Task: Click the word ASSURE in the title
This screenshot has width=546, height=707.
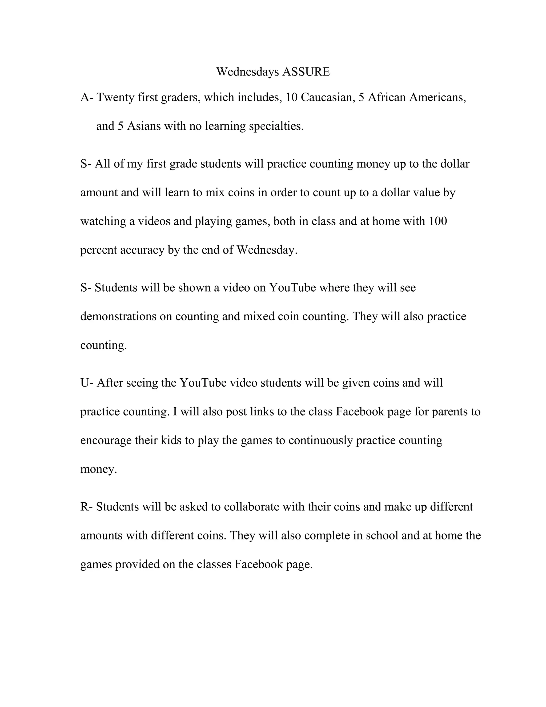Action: tap(306, 72)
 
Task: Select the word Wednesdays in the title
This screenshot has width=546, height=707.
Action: tap(247, 72)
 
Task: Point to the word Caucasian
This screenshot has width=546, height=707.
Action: tap(326, 97)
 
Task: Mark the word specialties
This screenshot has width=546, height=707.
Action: tap(276, 126)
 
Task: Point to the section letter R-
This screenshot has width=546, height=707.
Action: tap(86, 507)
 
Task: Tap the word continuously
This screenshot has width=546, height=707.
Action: tap(320, 440)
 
